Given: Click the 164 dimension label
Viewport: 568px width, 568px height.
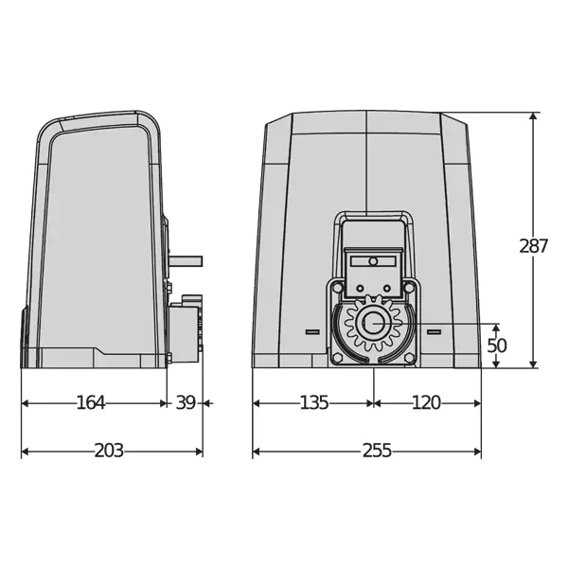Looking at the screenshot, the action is [x=91, y=402].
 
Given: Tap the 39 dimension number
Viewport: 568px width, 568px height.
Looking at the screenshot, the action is [x=186, y=402].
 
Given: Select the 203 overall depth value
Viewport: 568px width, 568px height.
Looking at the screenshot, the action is [x=109, y=451].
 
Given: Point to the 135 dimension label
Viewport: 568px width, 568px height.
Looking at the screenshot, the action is [x=314, y=402].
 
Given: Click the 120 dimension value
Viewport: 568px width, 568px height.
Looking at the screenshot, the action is [x=426, y=402].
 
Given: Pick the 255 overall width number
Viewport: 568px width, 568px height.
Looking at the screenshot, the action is [x=377, y=451].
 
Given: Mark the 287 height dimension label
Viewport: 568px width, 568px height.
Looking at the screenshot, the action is [x=534, y=246].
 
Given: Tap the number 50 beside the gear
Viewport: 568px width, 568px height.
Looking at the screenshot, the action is [x=497, y=346].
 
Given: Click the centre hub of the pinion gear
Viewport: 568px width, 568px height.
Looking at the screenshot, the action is [x=373, y=323].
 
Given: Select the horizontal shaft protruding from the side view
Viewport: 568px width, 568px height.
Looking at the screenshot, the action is [x=186, y=261].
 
